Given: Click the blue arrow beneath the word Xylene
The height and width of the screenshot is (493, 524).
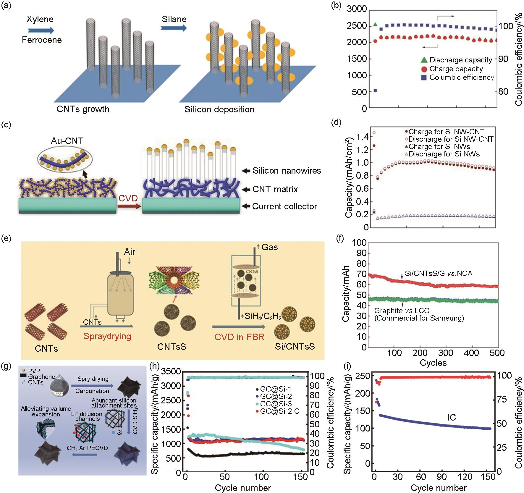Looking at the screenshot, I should pyautogui.click(x=41, y=30).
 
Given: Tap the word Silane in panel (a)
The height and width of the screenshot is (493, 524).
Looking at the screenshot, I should pyautogui.click(x=174, y=20).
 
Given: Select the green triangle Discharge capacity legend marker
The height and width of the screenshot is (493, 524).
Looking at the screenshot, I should pyautogui.click(x=424, y=60).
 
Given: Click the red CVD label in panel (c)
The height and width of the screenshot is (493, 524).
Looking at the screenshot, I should pyautogui.click(x=128, y=198).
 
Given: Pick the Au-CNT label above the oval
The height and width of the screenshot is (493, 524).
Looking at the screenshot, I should pyautogui.click(x=67, y=141).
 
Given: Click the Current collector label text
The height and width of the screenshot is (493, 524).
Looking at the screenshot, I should pyautogui.click(x=284, y=206).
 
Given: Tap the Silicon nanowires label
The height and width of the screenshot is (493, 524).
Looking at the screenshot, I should pyautogui.click(x=287, y=171).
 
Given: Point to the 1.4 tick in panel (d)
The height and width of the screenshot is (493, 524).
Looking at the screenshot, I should pyautogui.click(x=362, y=137).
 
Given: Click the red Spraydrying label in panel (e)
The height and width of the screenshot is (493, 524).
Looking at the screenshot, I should pyautogui.click(x=107, y=336).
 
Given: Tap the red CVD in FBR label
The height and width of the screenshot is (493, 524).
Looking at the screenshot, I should pyautogui.click(x=239, y=337).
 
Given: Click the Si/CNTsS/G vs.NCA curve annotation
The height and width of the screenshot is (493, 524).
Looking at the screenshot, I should pyautogui.click(x=438, y=274).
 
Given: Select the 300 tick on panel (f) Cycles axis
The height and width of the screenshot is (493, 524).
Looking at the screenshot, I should pyautogui.click(x=446, y=353).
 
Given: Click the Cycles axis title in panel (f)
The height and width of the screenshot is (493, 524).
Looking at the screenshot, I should pyautogui.click(x=433, y=363).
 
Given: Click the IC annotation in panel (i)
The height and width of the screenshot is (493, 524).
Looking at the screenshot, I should pyautogui.click(x=451, y=418).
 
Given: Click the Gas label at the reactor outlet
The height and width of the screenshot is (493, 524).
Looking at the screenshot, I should pyautogui.click(x=269, y=247).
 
